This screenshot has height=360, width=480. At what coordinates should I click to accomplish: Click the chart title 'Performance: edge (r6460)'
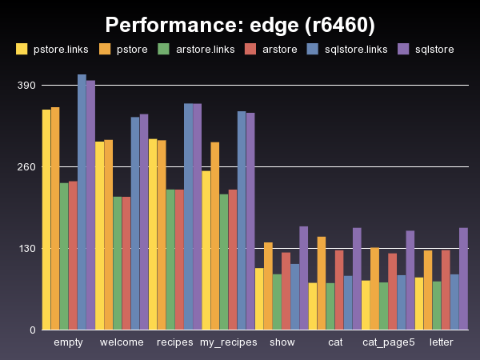click(240, 25)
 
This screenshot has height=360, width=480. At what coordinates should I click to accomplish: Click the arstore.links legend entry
click(196, 50)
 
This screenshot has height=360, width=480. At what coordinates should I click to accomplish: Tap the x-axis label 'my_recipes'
click(228, 342)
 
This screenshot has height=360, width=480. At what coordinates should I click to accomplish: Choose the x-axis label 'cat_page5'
click(389, 342)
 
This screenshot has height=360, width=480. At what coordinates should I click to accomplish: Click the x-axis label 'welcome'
click(122, 342)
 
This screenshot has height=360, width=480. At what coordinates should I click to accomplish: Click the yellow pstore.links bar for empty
click(46, 219)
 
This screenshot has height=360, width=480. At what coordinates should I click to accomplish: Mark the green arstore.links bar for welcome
click(118, 263)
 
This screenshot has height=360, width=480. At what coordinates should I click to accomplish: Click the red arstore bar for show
click(286, 291)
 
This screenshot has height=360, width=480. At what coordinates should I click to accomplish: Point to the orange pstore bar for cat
click(321, 283)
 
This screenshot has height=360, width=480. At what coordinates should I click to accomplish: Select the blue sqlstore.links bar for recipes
click(188, 216)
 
